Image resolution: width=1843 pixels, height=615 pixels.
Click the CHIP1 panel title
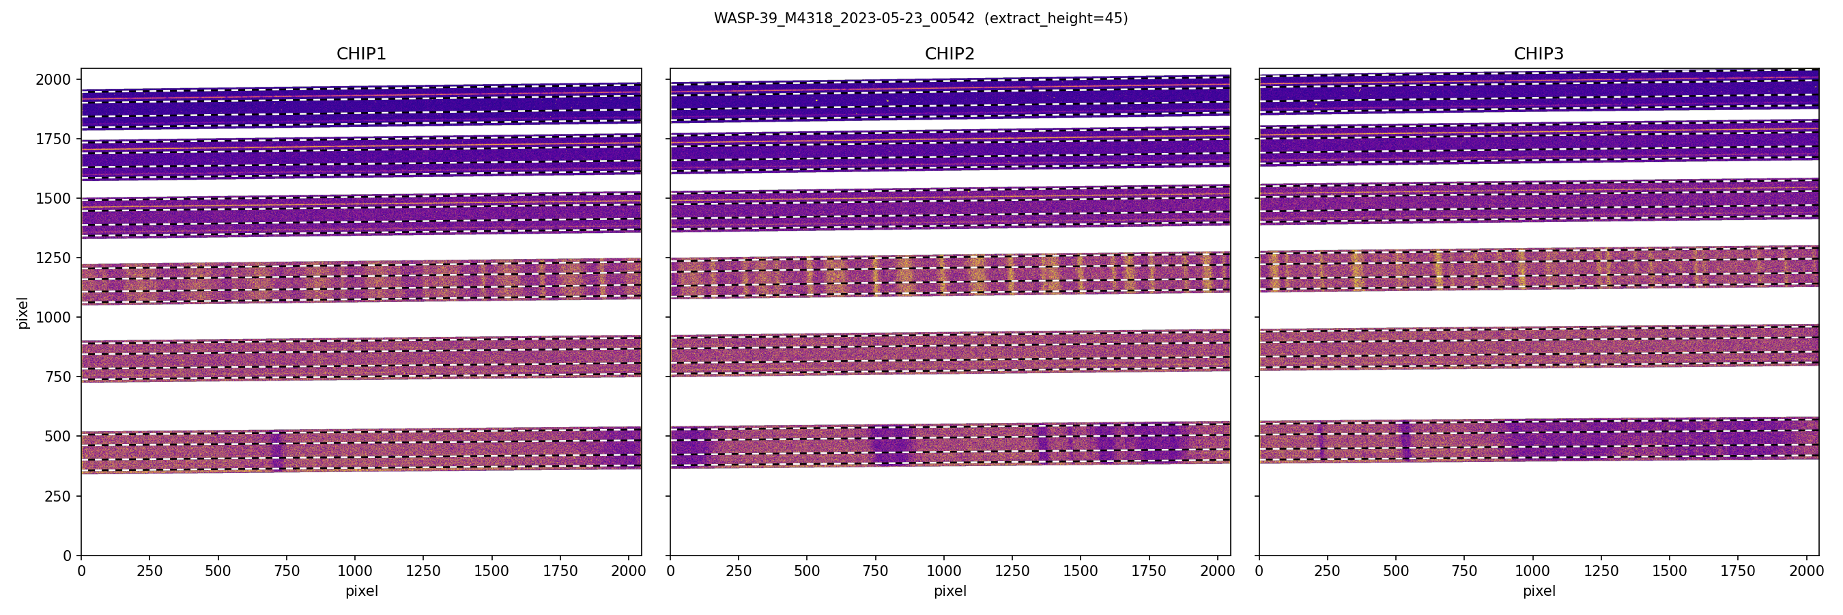(x=361, y=54)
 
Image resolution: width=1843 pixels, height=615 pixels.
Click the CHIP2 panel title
(x=949, y=54)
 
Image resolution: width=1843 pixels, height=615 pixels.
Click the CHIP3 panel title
(x=1538, y=54)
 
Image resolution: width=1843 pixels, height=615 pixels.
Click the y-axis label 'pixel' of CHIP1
(x=23, y=313)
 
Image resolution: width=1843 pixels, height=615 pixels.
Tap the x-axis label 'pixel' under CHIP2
(x=949, y=591)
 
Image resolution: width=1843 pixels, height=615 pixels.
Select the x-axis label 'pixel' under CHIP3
(x=1538, y=591)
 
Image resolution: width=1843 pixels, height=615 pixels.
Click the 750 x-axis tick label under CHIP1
(x=286, y=571)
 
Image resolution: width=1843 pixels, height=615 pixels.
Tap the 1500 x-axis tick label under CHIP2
(x=1081, y=571)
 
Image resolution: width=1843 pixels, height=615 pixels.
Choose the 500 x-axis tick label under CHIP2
(x=807, y=571)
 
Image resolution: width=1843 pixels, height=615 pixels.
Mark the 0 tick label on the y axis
(x=68, y=556)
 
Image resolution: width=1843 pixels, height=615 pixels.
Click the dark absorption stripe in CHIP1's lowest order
(x=278, y=451)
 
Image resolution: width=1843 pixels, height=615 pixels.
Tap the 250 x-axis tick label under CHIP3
(x=1327, y=571)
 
